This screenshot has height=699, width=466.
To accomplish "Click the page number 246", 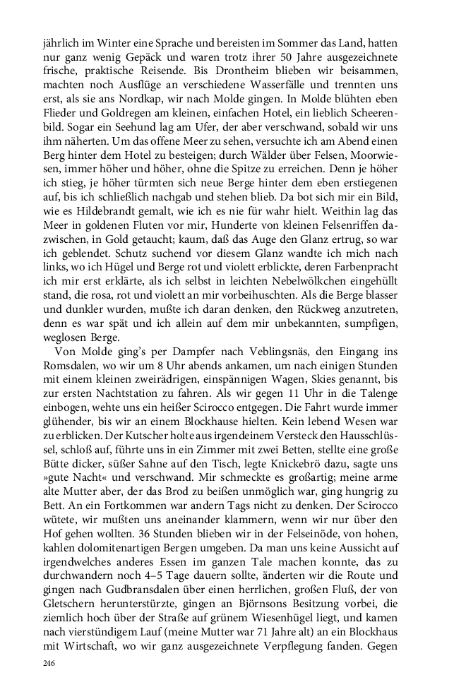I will (49, 663).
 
